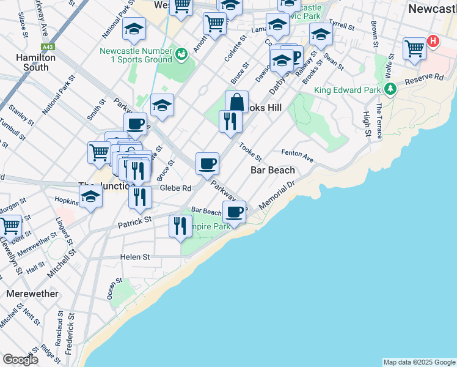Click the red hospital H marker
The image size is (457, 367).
tap(433, 42)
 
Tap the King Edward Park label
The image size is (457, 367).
tap(347, 90)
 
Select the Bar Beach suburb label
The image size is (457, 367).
tap(272, 170)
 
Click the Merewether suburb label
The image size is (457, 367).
tap(32, 294)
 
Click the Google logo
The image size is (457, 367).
tap(20, 360)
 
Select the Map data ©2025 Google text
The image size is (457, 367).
tap(419, 362)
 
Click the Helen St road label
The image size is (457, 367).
tap(135, 258)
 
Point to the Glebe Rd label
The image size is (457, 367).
tap(176, 188)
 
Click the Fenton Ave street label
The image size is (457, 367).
tap(298, 155)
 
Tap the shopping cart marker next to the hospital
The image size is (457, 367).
tap(414, 48)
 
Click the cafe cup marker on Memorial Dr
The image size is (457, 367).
tap(234, 212)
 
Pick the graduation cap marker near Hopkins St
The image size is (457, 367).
tap(90, 197)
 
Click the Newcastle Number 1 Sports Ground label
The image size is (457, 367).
tap(141, 55)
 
